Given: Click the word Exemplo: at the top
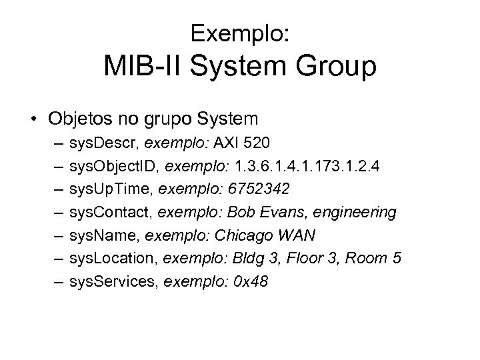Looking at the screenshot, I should [240, 33].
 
